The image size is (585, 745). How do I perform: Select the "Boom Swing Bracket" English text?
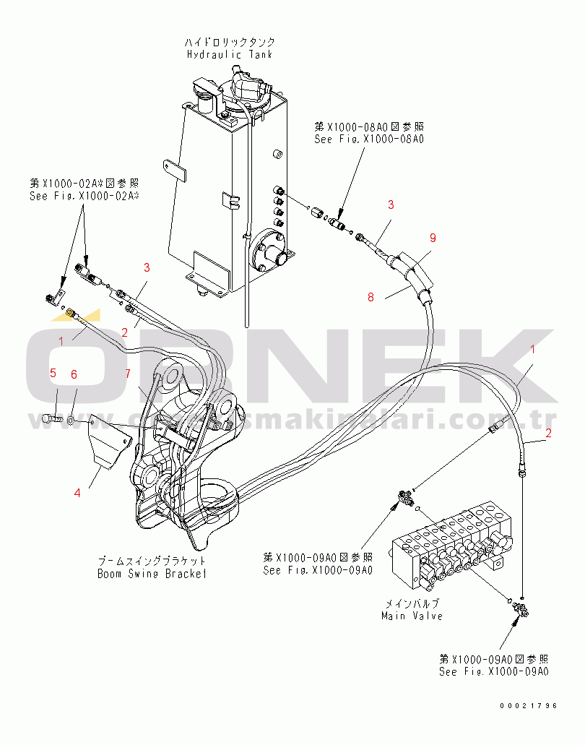152,574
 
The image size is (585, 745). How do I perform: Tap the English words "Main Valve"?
412,616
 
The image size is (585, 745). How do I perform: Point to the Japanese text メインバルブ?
412,603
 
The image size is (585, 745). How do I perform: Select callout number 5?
53,373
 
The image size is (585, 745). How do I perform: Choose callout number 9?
433,237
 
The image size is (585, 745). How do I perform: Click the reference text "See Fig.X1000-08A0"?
369,139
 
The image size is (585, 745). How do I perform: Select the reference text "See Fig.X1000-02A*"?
84,195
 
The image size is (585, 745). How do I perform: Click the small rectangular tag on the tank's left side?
174,171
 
